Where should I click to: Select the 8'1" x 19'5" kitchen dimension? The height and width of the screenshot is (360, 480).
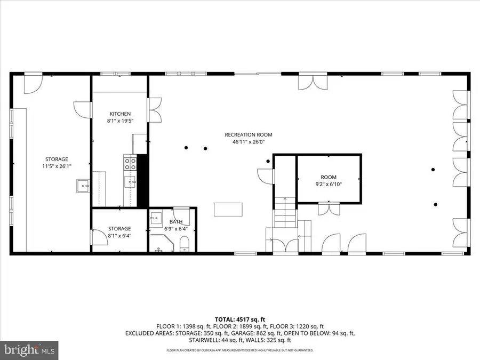point(120,121)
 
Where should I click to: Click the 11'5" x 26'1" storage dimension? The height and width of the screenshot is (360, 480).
point(56,166)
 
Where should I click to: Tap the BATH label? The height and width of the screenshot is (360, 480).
point(176,221)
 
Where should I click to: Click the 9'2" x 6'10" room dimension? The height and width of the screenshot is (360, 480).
point(329,184)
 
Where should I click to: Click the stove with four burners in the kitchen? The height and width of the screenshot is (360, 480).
point(131,163)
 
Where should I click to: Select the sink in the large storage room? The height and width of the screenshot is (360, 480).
point(82,187)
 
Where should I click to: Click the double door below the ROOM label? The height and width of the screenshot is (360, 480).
point(329,209)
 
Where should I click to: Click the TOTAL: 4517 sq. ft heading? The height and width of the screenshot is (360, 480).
point(239,319)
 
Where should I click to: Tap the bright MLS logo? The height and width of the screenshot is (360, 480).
point(30,349)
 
